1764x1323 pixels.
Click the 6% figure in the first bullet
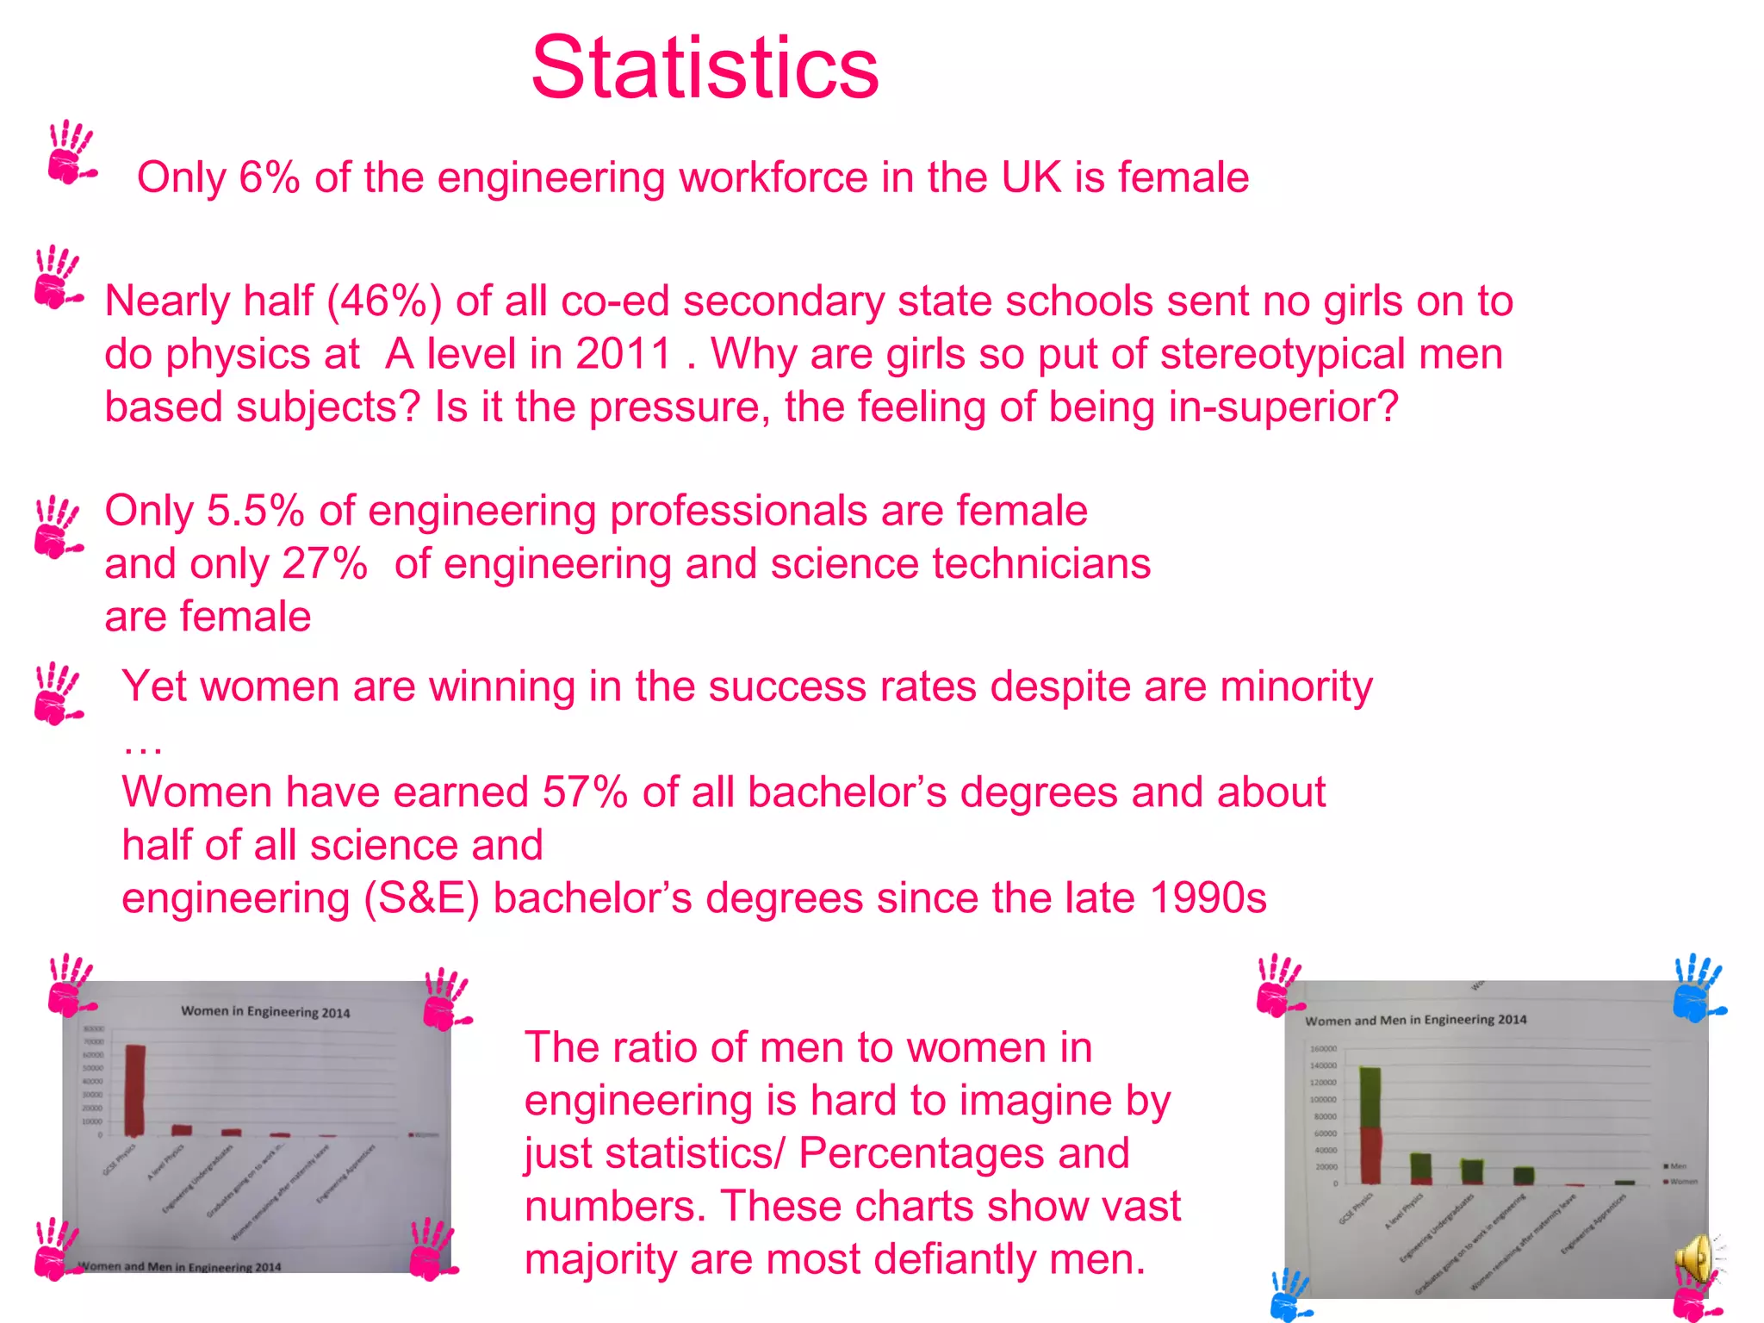click(269, 177)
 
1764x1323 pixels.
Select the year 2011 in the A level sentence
click(623, 354)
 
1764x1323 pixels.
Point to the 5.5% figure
click(255, 511)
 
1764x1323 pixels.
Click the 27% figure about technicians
click(324, 564)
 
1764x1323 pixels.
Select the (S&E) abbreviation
click(421, 898)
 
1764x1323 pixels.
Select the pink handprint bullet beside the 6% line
click(71, 153)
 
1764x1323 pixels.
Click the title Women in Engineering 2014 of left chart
click(265, 1012)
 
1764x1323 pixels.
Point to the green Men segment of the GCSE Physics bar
click(1370, 1097)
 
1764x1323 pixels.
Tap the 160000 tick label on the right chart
click(1323, 1049)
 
